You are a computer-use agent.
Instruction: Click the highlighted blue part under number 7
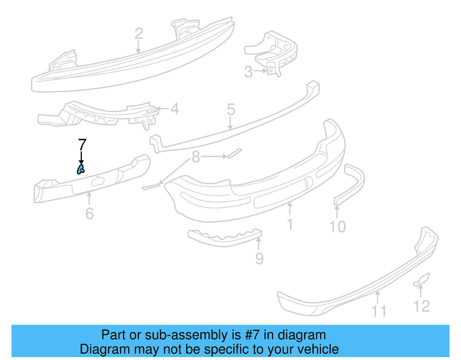pyautogui.click(x=81, y=169)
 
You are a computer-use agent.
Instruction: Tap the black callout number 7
pyautogui.click(x=82, y=145)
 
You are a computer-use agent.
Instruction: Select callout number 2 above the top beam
pyautogui.click(x=139, y=34)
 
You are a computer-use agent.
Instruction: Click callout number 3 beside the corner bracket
pyautogui.click(x=248, y=72)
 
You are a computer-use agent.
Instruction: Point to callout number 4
pyautogui.click(x=175, y=109)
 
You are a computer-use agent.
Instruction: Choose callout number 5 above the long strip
pyautogui.click(x=231, y=110)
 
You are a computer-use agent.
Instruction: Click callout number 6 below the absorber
pyautogui.click(x=90, y=214)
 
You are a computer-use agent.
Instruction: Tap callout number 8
pyautogui.click(x=196, y=157)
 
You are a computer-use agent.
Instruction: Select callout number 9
pyautogui.click(x=259, y=258)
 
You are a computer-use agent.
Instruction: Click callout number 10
pyautogui.click(x=338, y=227)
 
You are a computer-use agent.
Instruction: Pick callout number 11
pyautogui.click(x=379, y=311)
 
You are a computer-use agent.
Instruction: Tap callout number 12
pyautogui.click(x=422, y=306)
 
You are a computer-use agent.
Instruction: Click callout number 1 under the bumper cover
pyautogui.click(x=290, y=224)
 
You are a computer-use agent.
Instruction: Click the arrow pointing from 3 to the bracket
pyautogui.click(x=260, y=71)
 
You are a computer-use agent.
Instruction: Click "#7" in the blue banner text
pyautogui.click(x=252, y=335)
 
